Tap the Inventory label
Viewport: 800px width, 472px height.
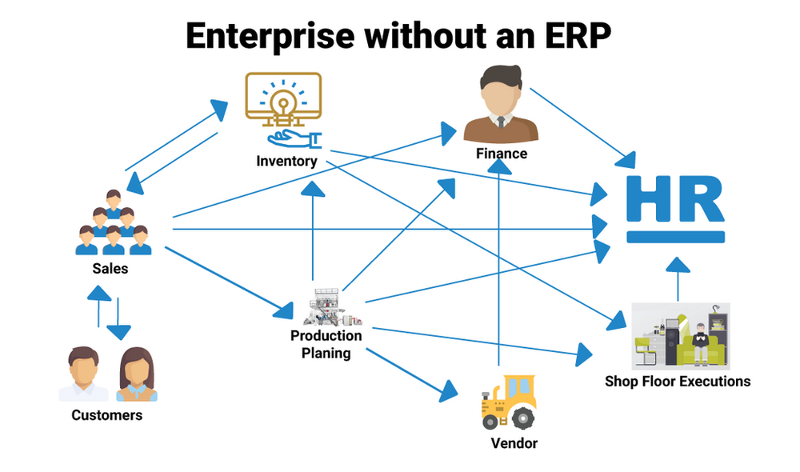point(286,161)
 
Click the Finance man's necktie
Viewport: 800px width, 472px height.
point(501,122)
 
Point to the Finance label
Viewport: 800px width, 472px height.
point(502,153)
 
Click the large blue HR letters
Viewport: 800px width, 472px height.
point(676,200)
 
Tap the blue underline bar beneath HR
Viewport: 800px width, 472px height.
point(676,237)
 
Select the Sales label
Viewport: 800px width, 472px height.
point(110,269)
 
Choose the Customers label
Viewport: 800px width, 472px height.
point(106,415)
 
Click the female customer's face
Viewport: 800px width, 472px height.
point(136,370)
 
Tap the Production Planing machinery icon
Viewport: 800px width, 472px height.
point(327,307)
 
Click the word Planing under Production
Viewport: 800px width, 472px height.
point(326,352)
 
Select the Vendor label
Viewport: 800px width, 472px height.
point(514,442)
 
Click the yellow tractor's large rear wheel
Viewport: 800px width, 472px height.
point(522,418)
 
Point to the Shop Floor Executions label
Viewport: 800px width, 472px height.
point(678,381)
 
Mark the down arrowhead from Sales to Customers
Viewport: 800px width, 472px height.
point(118,330)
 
